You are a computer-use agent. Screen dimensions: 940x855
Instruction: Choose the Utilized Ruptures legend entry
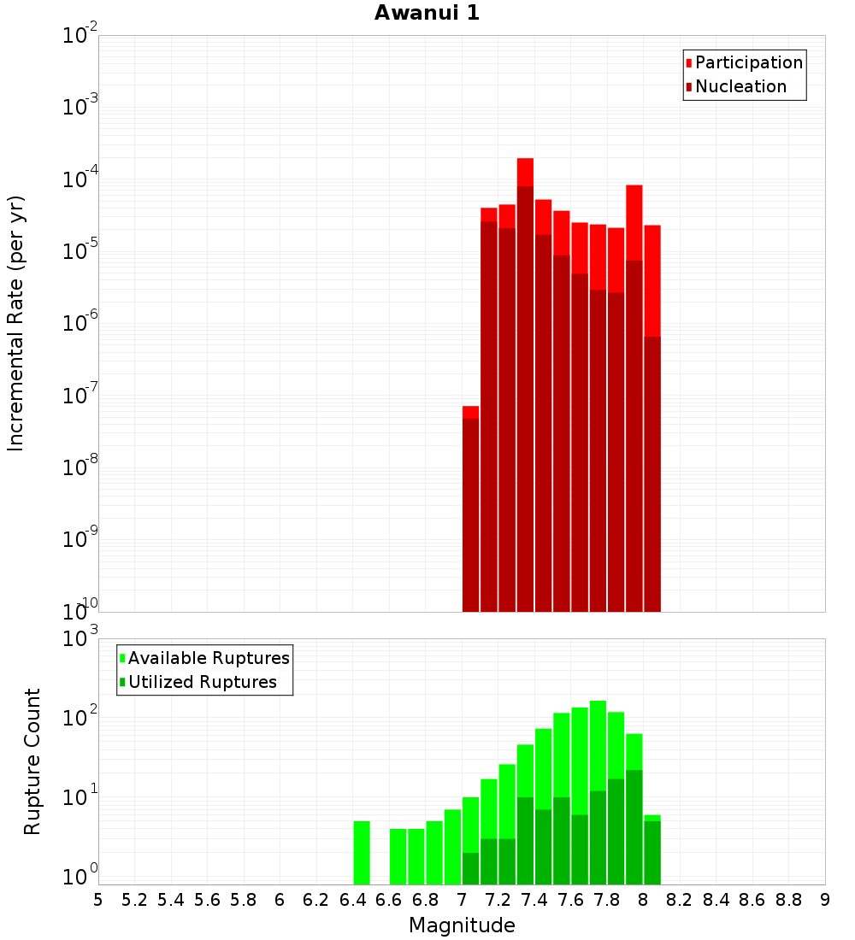pos(201,682)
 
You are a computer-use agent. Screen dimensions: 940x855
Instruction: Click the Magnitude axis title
pos(462,925)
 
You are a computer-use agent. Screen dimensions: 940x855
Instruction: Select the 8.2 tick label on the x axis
pos(680,899)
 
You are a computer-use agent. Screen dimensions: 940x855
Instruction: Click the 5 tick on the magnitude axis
pos(98,899)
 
